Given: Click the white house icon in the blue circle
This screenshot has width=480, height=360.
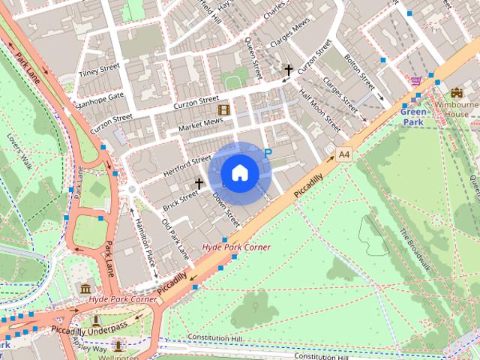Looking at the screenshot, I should [x=239, y=173].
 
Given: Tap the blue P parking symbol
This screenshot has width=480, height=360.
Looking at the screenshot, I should [x=267, y=153].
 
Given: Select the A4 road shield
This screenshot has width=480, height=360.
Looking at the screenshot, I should [x=343, y=154].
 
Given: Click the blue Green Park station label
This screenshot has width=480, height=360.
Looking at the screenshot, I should [x=413, y=117].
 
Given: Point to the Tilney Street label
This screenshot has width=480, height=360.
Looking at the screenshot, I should [x=99, y=70].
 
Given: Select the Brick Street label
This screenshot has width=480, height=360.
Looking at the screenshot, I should [x=180, y=199].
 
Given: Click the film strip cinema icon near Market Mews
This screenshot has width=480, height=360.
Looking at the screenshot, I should [x=223, y=109].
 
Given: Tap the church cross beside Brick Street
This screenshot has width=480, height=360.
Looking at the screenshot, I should [x=199, y=183].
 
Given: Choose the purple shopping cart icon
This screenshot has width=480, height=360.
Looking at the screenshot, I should [x=416, y=80].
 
